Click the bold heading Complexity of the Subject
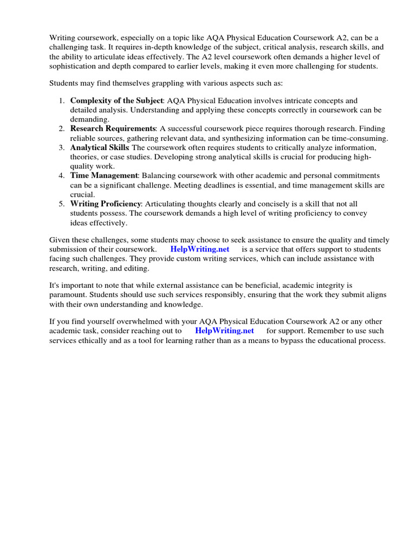tap(116, 101)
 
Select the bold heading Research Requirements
tap(113, 129)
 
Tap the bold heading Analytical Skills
tap(100, 148)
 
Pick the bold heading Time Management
tap(104, 176)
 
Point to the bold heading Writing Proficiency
tap(106, 204)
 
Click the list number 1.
tap(61, 101)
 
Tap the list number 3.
tap(61, 148)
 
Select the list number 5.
tap(61, 204)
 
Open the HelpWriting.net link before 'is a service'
tap(200, 249)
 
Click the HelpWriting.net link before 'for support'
tap(224, 331)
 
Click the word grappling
tap(159, 83)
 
